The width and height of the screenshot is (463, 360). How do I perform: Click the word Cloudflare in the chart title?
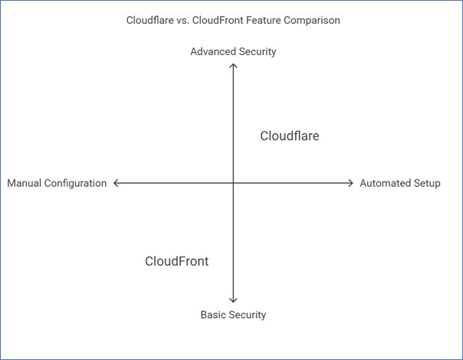pyautogui.click(x=148, y=21)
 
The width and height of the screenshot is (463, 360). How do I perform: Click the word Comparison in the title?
pyautogui.click(x=311, y=21)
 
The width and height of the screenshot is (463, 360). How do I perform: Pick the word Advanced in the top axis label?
pyautogui.click(x=212, y=52)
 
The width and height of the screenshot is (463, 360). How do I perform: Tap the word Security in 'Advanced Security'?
pyautogui.click(x=257, y=52)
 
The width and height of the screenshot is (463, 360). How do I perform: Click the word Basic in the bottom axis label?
pyautogui.click(x=213, y=315)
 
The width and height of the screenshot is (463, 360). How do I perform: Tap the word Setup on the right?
pyautogui.click(x=427, y=184)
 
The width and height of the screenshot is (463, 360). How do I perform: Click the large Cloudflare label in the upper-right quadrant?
pyautogui.click(x=289, y=136)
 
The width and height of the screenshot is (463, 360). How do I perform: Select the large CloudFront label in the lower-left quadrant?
pyautogui.click(x=176, y=261)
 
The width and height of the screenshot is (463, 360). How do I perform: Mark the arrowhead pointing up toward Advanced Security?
pyautogui.click(x=233, y=67)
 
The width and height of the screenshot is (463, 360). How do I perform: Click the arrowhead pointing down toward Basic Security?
pyautogui.click(x=233, y=300)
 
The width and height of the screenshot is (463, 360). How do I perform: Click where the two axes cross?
pyautogui.click(x=233, y=183)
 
